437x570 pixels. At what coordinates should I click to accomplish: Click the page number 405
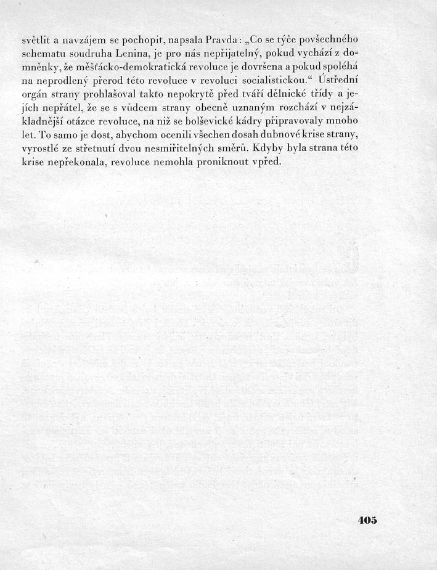click(x=367, y=520)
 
